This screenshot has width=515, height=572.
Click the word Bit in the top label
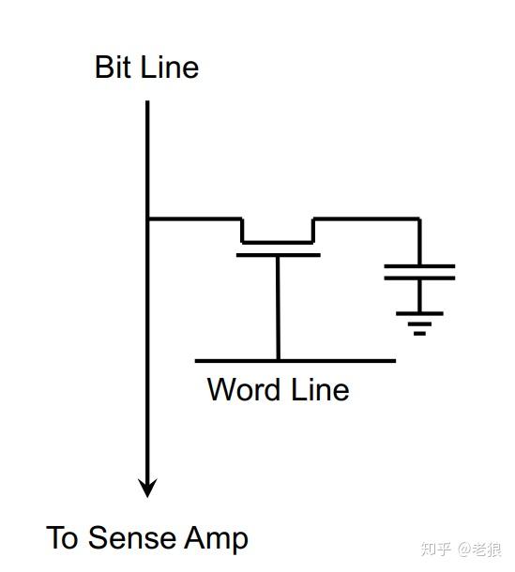113,67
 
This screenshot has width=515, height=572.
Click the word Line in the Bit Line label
170,67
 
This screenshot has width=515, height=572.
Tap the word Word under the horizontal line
244,389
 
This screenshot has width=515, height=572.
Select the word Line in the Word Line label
320,389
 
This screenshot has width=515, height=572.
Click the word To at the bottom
62,537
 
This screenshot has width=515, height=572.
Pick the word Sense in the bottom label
131,537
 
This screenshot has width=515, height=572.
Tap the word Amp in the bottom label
216,540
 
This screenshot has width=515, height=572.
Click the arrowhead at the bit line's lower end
147,488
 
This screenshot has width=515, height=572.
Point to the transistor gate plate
279,255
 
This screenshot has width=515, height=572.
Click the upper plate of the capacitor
419,266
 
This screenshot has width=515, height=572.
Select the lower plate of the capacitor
419,278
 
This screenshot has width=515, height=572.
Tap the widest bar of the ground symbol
419,313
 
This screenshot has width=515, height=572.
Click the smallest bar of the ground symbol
419,333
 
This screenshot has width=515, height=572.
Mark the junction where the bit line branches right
147,218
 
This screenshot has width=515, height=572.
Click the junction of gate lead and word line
278,361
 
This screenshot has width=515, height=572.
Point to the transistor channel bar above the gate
278,242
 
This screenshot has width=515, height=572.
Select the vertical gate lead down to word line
278,308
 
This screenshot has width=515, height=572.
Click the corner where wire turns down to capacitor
419,218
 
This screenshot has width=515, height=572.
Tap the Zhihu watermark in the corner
461,549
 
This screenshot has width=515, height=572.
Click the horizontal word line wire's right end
396,361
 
